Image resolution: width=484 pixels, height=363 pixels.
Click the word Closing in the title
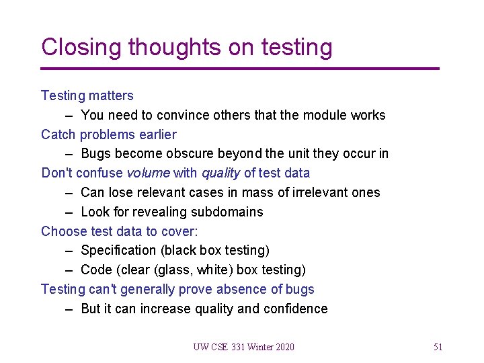coord(81,48)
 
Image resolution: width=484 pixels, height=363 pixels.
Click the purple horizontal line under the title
coord(239,69)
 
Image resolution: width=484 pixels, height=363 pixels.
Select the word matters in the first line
coord(110,96)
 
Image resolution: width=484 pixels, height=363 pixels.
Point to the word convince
coord(184,116)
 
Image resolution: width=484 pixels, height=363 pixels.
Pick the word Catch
coord(58,135)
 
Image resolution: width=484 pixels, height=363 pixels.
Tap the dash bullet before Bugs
coord(69,154)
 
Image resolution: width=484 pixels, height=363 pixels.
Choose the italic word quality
coord(220,173)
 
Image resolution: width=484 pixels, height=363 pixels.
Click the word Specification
coord(118,251)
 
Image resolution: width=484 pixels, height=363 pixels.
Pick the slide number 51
coord(438,348)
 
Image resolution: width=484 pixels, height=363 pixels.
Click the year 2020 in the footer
coord(284,348)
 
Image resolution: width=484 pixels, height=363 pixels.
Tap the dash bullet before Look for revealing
coord(69,212)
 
